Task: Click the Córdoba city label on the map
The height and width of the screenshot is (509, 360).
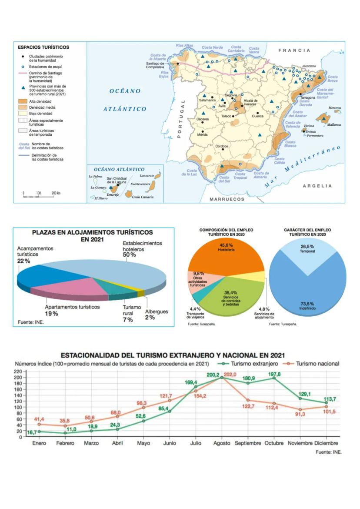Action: pyautogui.click(x=222, y=146)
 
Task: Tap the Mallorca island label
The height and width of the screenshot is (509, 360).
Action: pyautogui.click(x=334, y=125)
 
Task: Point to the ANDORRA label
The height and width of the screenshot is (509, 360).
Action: pyautogui.click(x=309, y=66)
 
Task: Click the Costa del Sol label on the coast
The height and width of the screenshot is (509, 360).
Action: pyautogui.click(x=224, y=179)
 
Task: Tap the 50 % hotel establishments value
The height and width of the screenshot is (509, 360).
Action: pyautogui.click(x=130, y=255)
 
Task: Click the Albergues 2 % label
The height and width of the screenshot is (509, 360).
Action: pyautogui.click(x=156, y=315)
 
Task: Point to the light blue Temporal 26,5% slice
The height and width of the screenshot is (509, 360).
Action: pyautogui.click(x=307, y=257)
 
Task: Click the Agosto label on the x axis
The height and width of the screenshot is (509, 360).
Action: pyautogui.click(x=222, y=443)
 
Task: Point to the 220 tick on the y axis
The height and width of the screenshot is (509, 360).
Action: pyautogui.click(x=18, y=372)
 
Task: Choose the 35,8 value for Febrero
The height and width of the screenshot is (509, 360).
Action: pyautogui.click(x=65, y=421)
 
